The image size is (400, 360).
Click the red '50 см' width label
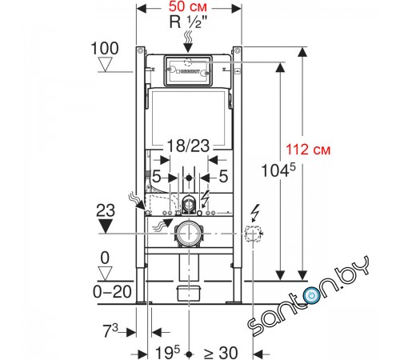coord(187,6)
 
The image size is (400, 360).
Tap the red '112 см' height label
coord(308,150)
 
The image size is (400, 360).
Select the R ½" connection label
coord(189,22)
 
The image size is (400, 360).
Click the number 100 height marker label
coord(105,49)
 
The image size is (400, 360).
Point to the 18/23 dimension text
coord(188,146)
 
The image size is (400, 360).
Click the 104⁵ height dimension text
coord(278,170)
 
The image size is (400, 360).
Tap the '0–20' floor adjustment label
coord(112,292)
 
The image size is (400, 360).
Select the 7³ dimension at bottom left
coord(110,330)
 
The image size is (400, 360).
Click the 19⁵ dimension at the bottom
coord(167,353)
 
